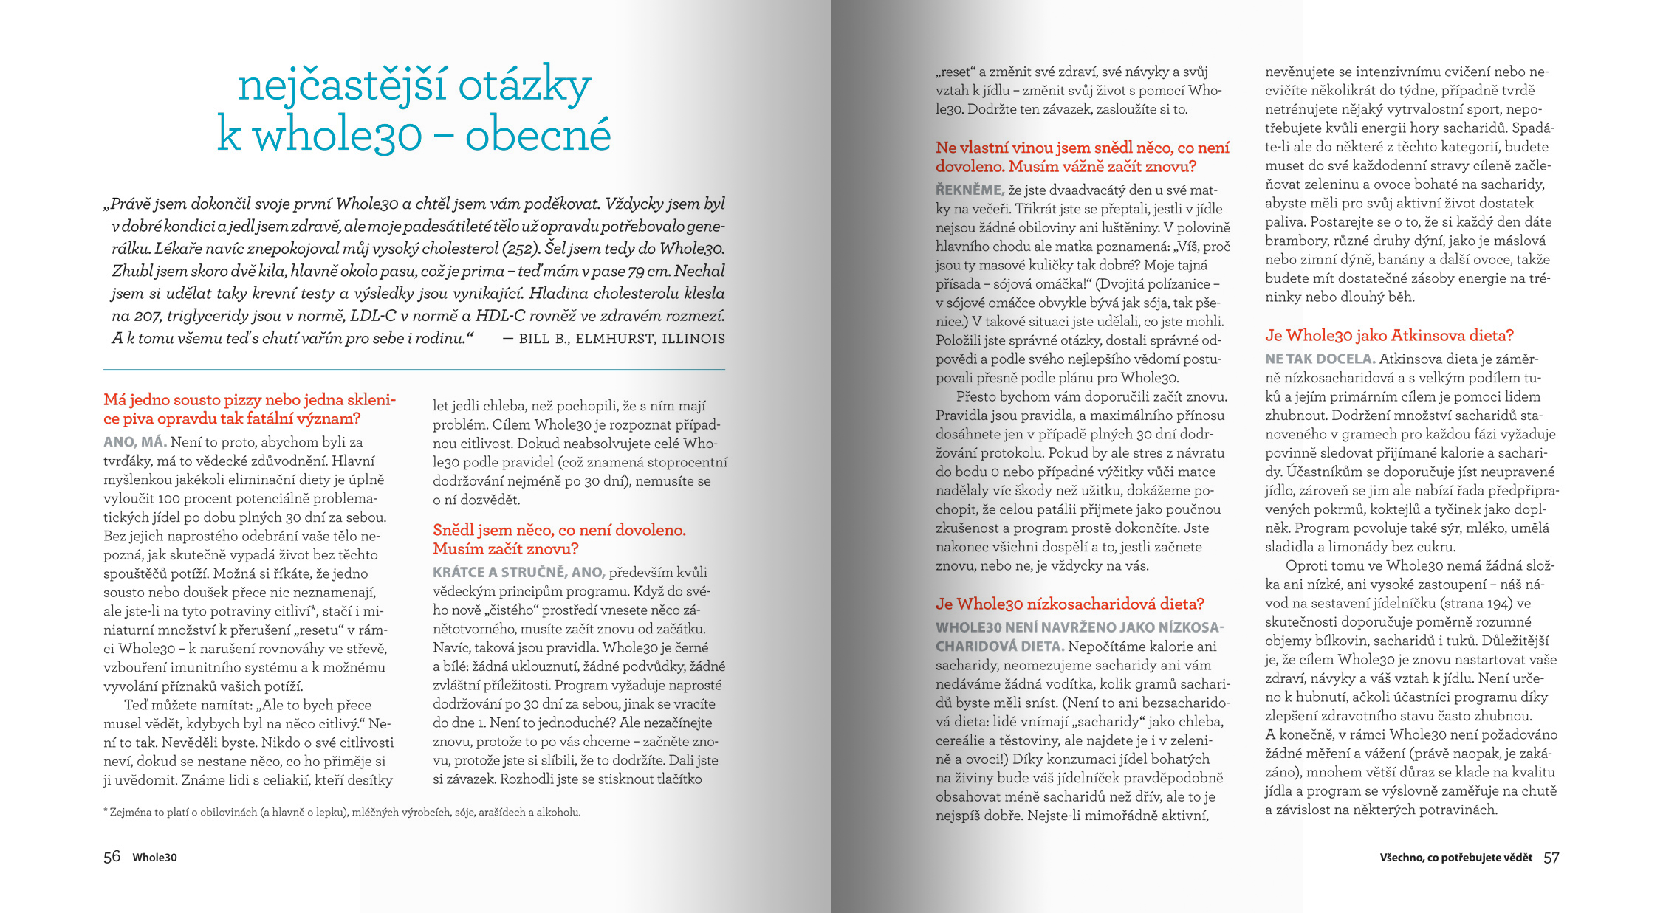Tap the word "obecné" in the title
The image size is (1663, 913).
click(x=538, y=135)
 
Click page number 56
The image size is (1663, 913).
click(x=112, y=857)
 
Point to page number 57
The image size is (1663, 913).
click(x=1551, y=858)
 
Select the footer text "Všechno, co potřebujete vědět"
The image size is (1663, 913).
click(x=1455, y=858)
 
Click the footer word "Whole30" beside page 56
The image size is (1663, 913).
click(x=154, y=858)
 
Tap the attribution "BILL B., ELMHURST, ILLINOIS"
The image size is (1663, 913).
click(x=622, y=339)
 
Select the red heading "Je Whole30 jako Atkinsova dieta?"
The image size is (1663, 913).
click(x=1388, y=336)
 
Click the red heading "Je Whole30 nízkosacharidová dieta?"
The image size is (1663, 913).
click(x=1069, y=604)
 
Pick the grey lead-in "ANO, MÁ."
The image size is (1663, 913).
click(x=134, y=443)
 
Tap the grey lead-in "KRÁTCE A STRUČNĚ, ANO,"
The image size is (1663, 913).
click(x=518, y=573)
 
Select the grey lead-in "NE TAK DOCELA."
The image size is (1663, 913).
click(x=1320, y=359)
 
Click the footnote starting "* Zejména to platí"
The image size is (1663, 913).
click(x=341, y=813)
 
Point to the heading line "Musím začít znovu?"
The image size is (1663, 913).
click(x=505, y=549)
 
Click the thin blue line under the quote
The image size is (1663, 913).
click(x=414, y=369)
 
